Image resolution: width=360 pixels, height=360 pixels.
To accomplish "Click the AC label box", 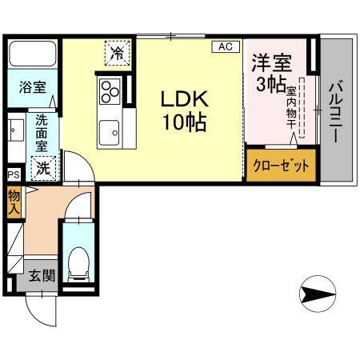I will click(x=225, y=47).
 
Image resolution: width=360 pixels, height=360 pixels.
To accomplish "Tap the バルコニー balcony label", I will click(x=336, y=112).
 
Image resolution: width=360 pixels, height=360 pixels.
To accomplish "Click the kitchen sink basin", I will click(x=109, y=129).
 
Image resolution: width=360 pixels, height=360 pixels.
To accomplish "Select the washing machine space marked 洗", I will click(x=45, y=168).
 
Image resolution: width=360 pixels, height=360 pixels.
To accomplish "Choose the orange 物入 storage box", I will click(x=14, y=202).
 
